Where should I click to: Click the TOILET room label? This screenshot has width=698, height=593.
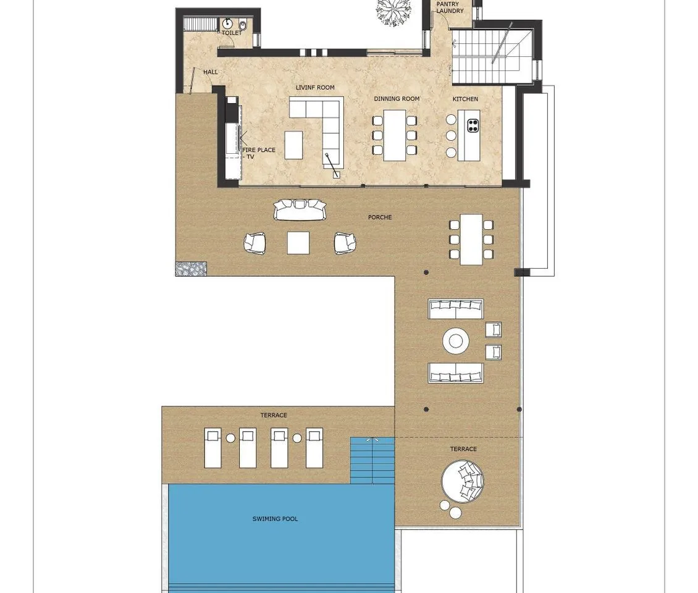click(232, 33)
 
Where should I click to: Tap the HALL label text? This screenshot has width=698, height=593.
click(211, 72)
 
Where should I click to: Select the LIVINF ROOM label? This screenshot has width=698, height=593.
click(315, 87)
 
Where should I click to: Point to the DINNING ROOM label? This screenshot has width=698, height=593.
click(397, 98)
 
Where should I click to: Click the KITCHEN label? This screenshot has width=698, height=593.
click(465, 99)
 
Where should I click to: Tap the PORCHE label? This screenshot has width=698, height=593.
click(380, 217)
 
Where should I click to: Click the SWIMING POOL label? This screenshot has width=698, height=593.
click(275, 519)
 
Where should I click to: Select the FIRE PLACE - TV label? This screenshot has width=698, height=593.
click(259, 153)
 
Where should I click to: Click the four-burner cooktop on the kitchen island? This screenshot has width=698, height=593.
click(473, 126)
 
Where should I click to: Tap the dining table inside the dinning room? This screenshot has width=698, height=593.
click(395, 135)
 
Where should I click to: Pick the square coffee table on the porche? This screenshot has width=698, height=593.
click(298, 243)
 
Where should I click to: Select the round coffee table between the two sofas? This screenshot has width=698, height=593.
click(455, 341)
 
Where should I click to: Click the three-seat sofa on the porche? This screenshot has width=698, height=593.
click(300, 209)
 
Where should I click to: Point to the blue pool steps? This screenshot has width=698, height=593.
click(372, 461)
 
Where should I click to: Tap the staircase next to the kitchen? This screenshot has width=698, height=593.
click(493, 55)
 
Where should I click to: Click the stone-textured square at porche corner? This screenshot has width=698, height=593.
click(191, 269)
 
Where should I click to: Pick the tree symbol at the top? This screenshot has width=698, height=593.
click(393, 11)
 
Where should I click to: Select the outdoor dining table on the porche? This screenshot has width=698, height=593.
click(471, 240)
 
